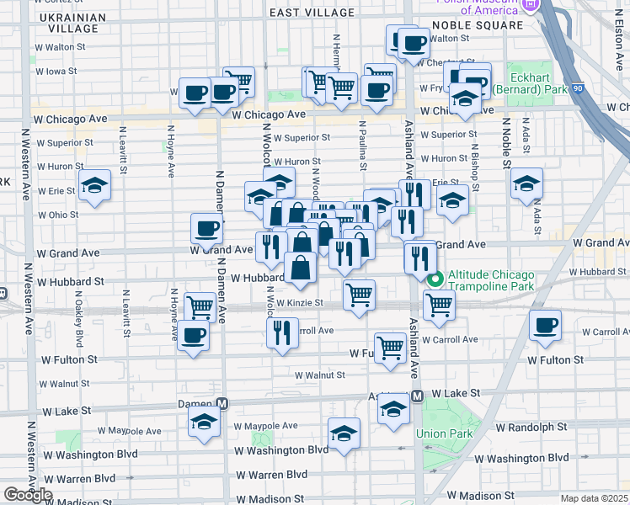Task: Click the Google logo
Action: coord(29,495)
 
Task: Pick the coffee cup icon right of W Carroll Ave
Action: coord(545,325)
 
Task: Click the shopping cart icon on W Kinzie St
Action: coord(360,295)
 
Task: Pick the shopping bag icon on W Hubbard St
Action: coord(300,268)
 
